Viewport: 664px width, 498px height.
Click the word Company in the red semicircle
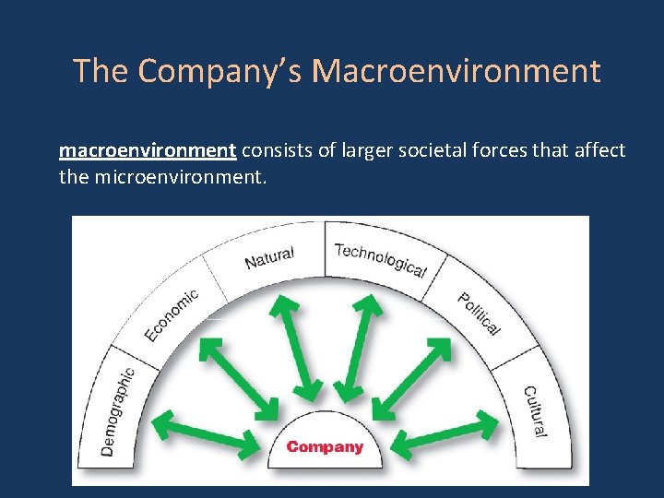coord(325,447)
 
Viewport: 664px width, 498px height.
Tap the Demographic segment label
coord(119,410)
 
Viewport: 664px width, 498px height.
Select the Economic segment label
coord(171,315)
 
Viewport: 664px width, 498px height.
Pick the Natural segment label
coord(269,258)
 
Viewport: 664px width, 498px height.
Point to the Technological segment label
coord(380,260)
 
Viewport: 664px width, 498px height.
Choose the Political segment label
coord(479,314)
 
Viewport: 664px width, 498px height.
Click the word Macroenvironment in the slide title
coord(456,71)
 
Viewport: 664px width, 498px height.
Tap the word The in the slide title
coord(95,71)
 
